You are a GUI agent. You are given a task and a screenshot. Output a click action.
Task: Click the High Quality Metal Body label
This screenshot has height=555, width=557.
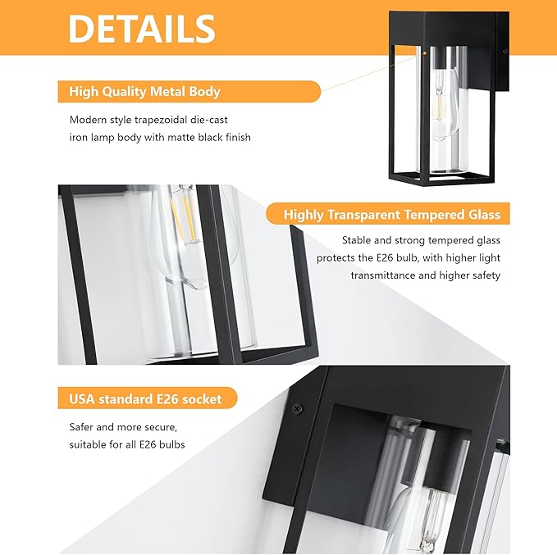pos(144,92)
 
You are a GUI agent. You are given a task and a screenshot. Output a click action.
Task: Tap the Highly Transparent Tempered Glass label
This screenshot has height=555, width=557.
pos(391,215)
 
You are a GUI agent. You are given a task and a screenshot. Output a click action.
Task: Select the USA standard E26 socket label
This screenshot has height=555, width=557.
pos(145,399)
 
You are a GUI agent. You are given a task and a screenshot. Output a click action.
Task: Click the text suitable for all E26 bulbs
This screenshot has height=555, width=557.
pos(126,444)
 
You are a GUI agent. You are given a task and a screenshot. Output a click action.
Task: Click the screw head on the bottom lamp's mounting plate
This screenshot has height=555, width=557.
pos(297,407)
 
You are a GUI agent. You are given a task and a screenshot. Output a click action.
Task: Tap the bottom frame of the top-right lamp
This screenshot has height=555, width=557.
pos(435,176)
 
